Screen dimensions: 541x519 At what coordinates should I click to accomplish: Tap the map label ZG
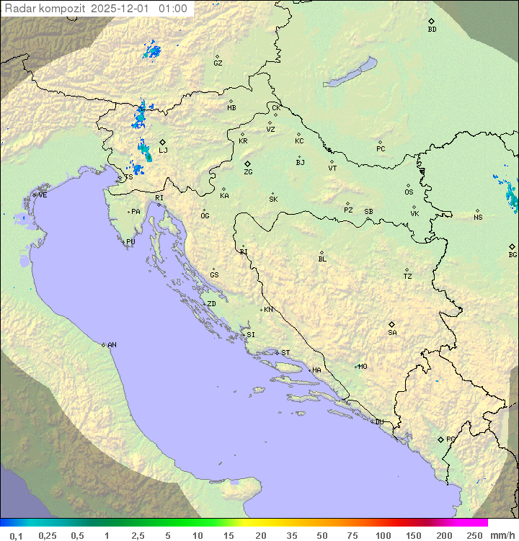click(x=248, y=172)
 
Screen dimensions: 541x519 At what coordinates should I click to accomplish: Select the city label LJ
click(x=164, y=150)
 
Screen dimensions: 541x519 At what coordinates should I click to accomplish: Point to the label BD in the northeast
click(x=432, y=30)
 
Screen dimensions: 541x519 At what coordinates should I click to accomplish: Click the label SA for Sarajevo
click(x=392, y=332)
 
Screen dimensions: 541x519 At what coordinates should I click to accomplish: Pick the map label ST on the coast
click(x=285, y=353)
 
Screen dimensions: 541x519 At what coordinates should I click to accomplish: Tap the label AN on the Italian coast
click(x=112, y=345)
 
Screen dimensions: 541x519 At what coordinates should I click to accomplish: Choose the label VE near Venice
click(x=43, y=195)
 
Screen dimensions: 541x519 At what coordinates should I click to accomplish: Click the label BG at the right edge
click(x=513, y=254)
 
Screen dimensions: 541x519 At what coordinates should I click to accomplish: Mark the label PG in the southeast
click(x=451, y=439)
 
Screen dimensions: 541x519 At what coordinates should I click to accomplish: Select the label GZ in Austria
click(x=218, y=63)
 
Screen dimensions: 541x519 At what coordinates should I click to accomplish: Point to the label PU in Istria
click(x=130, y=242)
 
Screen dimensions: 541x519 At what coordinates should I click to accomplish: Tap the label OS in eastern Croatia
click(x=409, y=192)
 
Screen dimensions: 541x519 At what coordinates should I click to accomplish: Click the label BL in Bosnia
click(x=322, y=259)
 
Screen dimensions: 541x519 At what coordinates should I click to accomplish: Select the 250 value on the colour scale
click(x=474, y=535)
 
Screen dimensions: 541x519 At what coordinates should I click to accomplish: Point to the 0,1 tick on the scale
click(x=17, y=535)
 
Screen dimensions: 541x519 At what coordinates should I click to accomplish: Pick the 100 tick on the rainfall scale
click(x=383, y=535)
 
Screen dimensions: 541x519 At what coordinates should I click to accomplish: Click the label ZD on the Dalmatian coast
click(x=211, y=304)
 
